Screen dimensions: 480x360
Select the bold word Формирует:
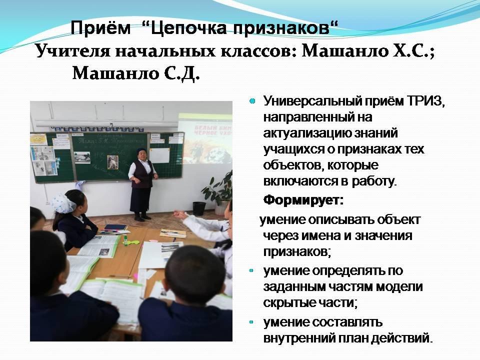(x=303, y=200)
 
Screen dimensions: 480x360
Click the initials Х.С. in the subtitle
(x=413, y=51)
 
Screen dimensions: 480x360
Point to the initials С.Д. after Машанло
(x=181, y=73)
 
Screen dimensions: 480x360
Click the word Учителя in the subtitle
(x=73, y=51)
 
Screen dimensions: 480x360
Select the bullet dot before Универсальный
(x=252, y=100)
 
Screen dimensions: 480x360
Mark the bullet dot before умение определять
(x=251, y=270)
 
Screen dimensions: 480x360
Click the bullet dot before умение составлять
(x=251, y=321)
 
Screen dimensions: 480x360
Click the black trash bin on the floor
(x=199, y=208)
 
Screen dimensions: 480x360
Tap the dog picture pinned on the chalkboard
(x=112, y=161)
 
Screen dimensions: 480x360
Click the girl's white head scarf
(x=63, y=203)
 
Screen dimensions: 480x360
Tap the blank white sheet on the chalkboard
(x=159, y=155)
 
